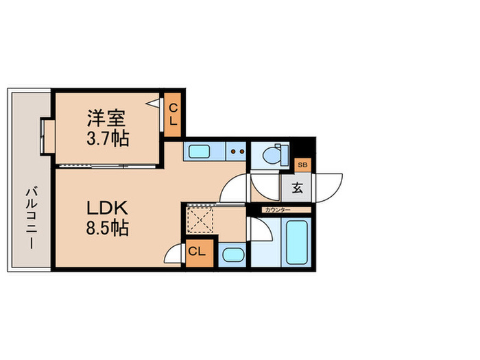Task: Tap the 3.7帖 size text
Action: tap(107, 138)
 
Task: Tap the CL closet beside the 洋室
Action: tap(173, 115)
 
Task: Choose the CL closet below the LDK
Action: tap(197, 251)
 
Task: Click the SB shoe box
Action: tap(303, 165)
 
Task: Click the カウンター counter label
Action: tap(277, 209)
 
